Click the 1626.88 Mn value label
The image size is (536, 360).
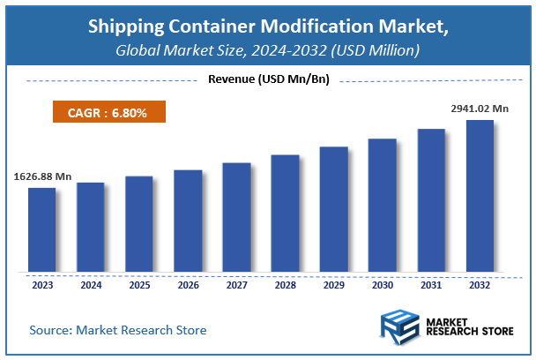(42, 176)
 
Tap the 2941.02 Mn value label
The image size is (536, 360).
(480, 109)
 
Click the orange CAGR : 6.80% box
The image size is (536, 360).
(105, 113)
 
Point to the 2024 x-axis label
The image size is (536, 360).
(90, 285)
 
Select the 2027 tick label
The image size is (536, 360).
(236, 285)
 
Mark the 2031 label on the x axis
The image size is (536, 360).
(430, 285)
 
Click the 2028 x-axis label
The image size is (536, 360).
(285, 285)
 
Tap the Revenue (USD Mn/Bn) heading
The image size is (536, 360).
(267, 79)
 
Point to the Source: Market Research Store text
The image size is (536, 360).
(118, 330)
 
